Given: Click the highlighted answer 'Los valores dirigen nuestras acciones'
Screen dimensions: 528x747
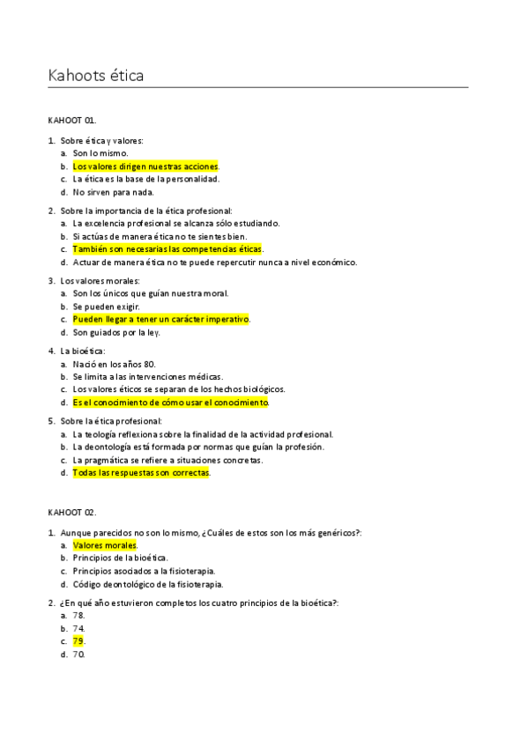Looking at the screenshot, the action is point(145,166).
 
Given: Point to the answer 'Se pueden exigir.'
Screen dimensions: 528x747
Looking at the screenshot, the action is point(106,306).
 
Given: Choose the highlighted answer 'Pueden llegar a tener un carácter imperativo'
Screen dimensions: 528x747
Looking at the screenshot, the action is point(161,319).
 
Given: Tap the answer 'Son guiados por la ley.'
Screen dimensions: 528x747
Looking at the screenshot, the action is point(117,332).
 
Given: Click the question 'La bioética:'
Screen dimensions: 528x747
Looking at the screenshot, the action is point(84,350).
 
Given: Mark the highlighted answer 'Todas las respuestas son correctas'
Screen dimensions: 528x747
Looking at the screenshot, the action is point(141,472).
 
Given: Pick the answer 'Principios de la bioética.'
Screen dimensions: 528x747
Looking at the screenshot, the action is point(121,558).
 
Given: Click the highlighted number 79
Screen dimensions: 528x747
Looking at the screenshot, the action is point(78,641).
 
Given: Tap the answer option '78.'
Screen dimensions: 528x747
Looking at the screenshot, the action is point(78,615).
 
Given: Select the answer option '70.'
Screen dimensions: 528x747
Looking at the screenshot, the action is point(78,655).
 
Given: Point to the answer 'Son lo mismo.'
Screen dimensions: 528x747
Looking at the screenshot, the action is point(99,153).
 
